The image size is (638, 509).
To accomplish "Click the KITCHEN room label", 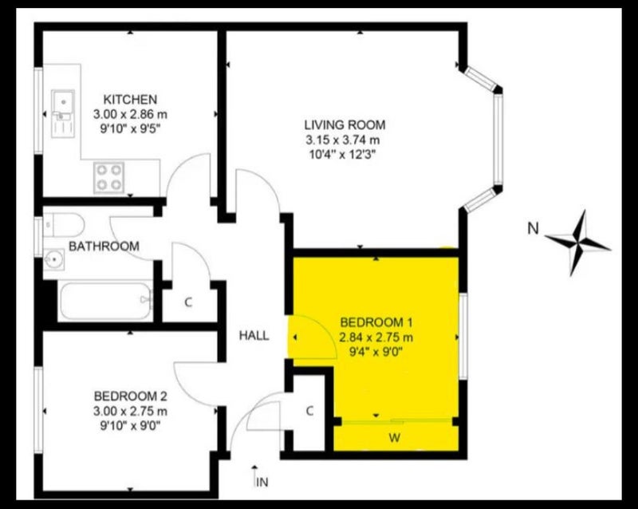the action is (x=130, y=100).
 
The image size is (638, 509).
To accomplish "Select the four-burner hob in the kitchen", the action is (x=109, y=178).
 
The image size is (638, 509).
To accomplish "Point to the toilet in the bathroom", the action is (x=65, y=224).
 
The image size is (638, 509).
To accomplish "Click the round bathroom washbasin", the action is (x=53, y=259).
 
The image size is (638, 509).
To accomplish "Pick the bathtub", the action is (x=105, y=301).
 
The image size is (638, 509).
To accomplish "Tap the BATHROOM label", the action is (x=104, y=246).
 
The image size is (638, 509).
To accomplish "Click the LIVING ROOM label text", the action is (x=345, y=124).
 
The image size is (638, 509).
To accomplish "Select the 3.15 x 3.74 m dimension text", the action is (x=343, y=140).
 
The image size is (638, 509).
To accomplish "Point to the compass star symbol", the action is (x=577, y=243).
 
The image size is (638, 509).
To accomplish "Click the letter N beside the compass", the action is (x=533, y=229).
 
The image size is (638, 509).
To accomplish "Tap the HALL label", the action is (x=254, y=336).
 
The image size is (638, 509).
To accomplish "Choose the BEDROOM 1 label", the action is (x=376, y=322).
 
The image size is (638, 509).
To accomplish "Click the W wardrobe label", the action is (x=394, y=438).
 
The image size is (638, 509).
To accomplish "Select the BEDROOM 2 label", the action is (x=130, y=396).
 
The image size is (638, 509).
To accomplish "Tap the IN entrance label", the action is (x=262, y=483).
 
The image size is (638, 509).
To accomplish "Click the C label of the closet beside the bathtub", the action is (x=188, y=302).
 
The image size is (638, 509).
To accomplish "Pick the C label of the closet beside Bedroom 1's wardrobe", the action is (x=309, y=411).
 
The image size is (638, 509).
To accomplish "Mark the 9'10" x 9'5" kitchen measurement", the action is (x=130, y=129).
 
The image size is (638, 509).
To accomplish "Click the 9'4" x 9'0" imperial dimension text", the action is (x=376, y=351).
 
